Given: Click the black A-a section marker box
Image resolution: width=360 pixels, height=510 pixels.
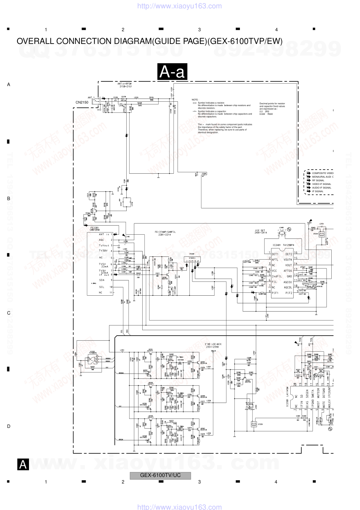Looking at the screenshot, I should (x=172, y=72).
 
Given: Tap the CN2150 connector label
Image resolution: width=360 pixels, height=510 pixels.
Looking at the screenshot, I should (x=82, y=102).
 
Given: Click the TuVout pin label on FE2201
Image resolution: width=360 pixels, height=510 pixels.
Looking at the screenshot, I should (x=104, y=245).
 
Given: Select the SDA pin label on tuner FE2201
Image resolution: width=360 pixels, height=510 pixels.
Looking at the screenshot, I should (x=102, y=280).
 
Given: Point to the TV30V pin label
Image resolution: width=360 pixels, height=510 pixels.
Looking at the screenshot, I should (x=103, y=251).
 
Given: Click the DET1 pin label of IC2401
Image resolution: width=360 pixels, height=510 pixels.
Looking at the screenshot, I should (x=275, y=254).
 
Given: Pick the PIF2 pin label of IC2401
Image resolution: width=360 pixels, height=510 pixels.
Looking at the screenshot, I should (x=289, y=293).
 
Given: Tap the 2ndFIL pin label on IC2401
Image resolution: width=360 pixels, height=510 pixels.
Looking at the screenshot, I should (x=277, y=276).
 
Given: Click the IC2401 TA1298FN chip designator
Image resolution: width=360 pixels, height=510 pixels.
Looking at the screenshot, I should (x=283, y=245).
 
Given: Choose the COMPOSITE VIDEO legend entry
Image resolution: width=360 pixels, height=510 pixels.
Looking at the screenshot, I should (x=322, y=173).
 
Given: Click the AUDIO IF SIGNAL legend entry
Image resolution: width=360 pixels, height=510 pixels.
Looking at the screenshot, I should (x=322, y=188).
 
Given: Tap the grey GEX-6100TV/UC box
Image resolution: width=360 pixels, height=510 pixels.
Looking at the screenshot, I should (x=160, y=475).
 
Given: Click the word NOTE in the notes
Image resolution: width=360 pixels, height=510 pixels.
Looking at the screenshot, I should (x=195, y=100).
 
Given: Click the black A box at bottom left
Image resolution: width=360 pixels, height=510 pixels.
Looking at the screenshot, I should (x=23, y=464).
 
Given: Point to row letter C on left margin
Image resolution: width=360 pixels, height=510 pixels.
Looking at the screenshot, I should (x=9, y=313).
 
